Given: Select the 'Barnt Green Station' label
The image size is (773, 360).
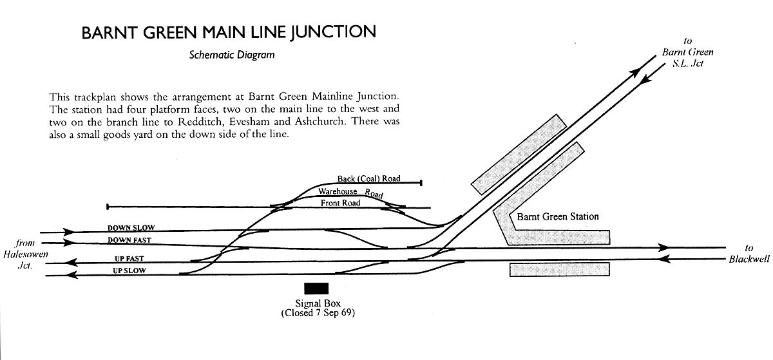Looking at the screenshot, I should tap(558, 217).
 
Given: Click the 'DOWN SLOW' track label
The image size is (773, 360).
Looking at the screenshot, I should tap(131, 227).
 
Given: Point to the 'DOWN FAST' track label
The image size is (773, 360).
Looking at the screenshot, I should tap(131, 240).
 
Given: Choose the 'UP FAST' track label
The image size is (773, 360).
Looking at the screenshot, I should tap(128, 258).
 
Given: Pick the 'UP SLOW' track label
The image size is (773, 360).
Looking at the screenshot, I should tap(129, 270).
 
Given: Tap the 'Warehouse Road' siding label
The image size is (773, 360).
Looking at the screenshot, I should tap(350, 192).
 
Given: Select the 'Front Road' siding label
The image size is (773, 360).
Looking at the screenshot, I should tap(340, 203).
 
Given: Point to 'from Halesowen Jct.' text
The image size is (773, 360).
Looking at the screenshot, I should tap(26, 253).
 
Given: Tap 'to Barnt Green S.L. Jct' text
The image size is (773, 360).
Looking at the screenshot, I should tap(688, 52).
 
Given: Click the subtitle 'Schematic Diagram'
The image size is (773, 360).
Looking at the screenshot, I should tap(232, 55).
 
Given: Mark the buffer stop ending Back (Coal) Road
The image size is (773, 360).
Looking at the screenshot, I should tap(421, 183).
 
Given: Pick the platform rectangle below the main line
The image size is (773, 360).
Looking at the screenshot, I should tap(559, 270).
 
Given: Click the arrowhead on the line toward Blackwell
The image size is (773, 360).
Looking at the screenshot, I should tap(663, 247).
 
